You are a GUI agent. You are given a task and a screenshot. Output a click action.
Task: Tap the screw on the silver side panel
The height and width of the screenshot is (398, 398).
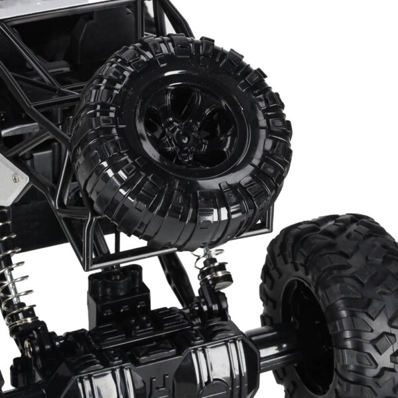click(x=15, y=177)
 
